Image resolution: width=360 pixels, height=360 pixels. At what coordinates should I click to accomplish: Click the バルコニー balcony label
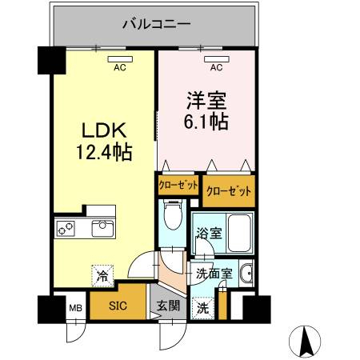[157, 24]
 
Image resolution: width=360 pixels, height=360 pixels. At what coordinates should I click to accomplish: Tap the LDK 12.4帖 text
[104, 142]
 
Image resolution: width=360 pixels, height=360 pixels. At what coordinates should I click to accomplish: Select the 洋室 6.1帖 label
[206, 110]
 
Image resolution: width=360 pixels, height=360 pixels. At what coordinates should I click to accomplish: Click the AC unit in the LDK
[120, 59]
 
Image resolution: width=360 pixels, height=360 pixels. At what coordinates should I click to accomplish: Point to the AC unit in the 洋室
[217, 59]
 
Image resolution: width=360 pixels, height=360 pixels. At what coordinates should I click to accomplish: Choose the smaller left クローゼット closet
[178, 185]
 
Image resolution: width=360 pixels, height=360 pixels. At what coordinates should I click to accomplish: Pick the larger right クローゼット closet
[229, 191]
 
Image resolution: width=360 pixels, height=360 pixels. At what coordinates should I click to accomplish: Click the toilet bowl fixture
[173, 214]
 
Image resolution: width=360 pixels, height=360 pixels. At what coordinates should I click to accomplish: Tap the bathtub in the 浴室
[239, 233]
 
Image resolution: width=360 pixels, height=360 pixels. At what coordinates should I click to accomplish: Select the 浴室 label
[209, 233]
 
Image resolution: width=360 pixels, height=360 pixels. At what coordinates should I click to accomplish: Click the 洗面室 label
[214, 274]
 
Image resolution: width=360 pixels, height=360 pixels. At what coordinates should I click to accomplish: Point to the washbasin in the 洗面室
[246, 274]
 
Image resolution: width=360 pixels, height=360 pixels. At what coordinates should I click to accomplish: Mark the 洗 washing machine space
[203, 308]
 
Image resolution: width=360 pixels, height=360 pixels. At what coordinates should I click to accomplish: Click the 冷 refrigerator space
[102, 276]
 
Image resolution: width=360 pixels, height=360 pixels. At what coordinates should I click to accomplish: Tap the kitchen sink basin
[102, 228]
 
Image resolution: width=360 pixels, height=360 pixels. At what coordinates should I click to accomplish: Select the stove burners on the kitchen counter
[65, 229]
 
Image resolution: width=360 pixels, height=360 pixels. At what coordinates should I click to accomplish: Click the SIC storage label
[118, 306]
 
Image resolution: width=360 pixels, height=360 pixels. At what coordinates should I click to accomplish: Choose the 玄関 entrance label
[168, 306]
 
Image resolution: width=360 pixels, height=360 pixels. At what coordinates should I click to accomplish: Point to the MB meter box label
[76, 308]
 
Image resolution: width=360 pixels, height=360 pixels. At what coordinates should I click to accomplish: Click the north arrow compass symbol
[305, 342]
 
